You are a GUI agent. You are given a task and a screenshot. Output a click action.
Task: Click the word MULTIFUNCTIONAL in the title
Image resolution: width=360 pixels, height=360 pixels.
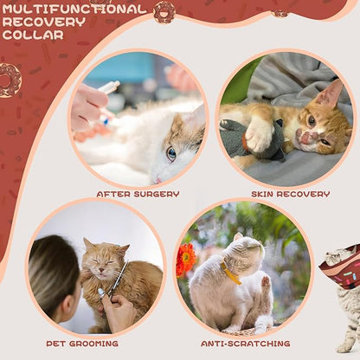point(74,9)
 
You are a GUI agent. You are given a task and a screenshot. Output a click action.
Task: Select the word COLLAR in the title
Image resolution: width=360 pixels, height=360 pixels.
point(33,35)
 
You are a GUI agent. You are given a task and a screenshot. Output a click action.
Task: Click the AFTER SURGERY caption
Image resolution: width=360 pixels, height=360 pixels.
point(138,194)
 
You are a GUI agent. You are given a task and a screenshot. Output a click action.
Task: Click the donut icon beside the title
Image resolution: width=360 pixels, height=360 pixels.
point(164,11)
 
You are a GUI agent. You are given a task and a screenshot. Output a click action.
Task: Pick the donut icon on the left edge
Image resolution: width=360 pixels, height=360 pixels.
point(9,80)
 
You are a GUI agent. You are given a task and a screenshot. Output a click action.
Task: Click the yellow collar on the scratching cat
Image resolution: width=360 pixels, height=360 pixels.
point(230,274)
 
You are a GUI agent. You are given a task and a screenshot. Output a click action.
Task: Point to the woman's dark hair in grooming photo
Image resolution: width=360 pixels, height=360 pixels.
point(54,273)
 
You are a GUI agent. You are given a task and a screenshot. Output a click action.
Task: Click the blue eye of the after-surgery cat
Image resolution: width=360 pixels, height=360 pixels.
point(171,152)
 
